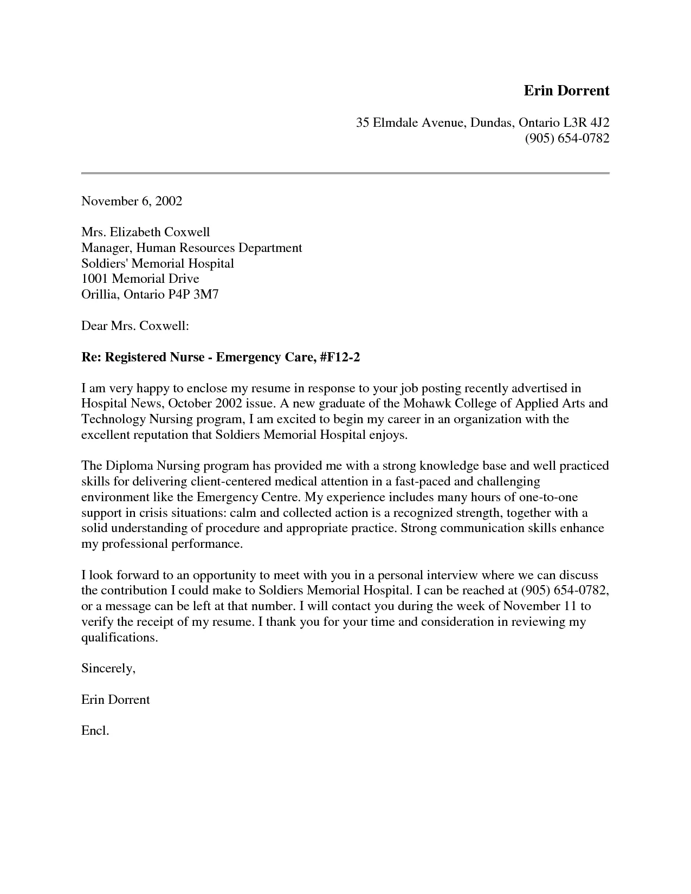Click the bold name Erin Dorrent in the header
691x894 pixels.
[566, 90]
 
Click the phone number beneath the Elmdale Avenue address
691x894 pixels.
[567, 138]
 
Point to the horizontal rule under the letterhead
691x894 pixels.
[345, 173]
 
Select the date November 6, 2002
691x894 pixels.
[132, 201]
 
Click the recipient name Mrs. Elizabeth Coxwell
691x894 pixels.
[145, 232]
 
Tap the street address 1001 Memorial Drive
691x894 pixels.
[140, 278]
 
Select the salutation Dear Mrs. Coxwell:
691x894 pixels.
[135, 326]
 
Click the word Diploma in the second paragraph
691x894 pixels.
[129, 466]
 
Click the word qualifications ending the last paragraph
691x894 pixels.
[119, 637]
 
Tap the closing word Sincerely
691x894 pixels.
[107, 668]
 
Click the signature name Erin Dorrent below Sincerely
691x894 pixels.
[115, 699]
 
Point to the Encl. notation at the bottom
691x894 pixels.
[95, 730]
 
